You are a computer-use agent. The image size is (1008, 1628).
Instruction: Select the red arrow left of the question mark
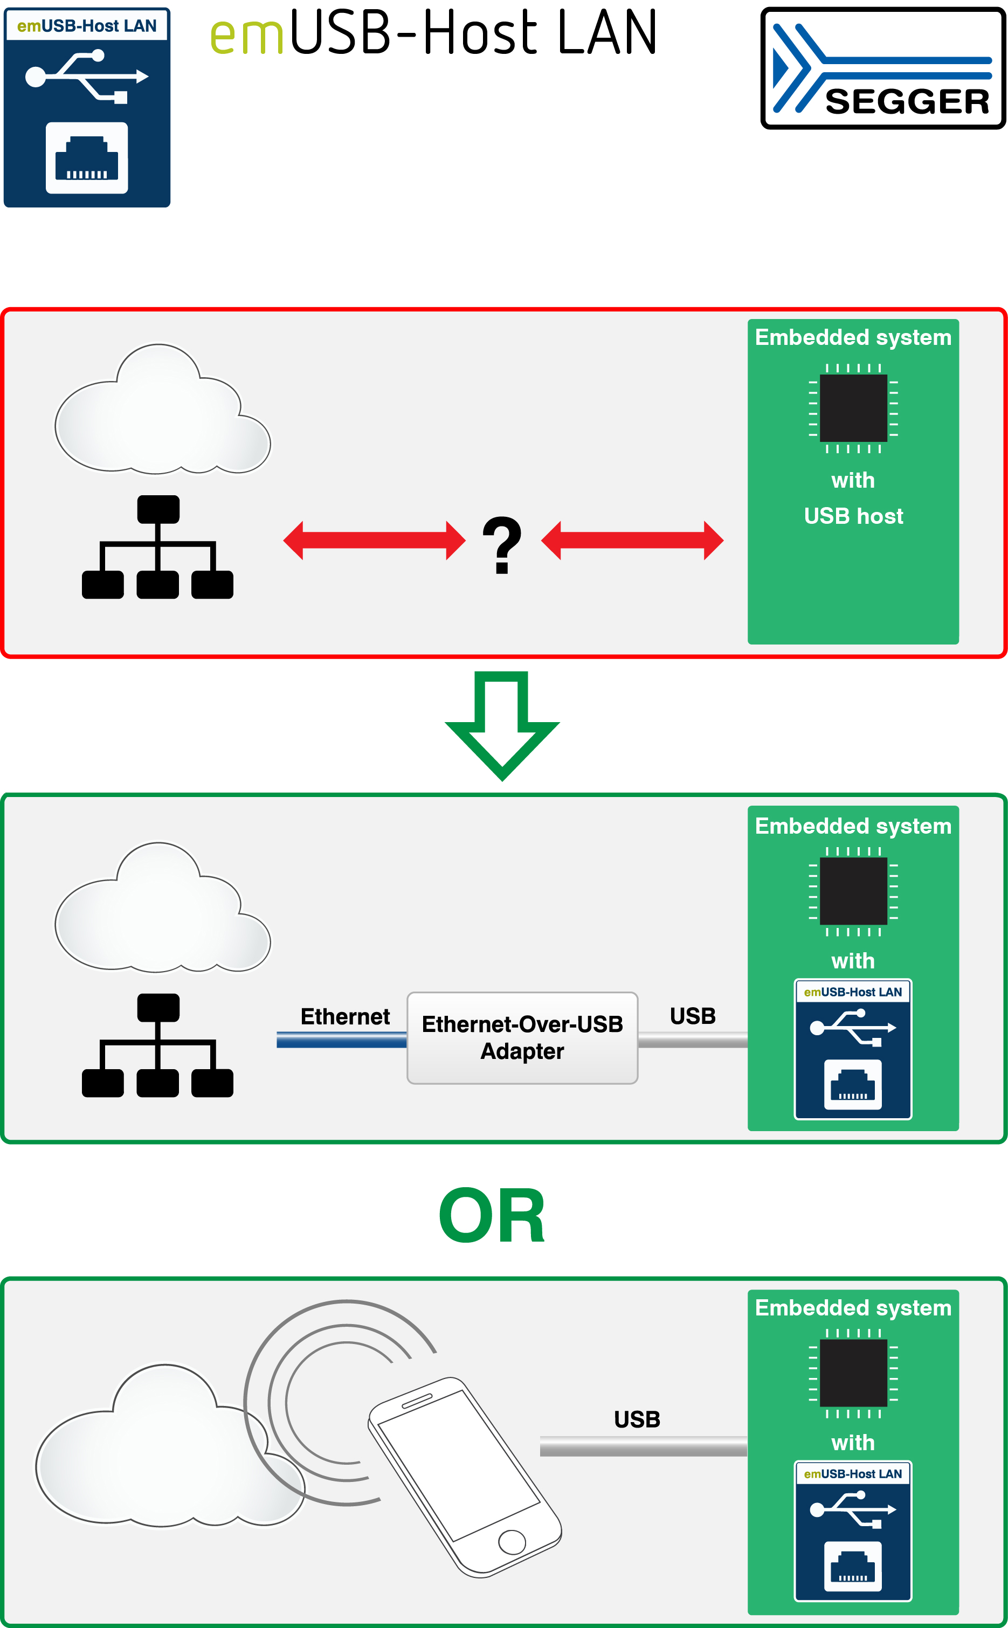coord(374,541)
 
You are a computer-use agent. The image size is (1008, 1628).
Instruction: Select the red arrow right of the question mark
coord(632,541)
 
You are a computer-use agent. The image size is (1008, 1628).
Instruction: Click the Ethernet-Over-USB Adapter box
coord(522,1037)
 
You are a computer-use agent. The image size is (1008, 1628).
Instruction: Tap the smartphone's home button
coord(512,1541)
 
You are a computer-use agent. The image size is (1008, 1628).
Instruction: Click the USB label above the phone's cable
coord(637,1419)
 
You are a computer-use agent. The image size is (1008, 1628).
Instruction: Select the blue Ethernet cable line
coord(341,1040)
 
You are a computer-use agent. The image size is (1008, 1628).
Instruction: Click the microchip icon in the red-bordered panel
coord(853,408)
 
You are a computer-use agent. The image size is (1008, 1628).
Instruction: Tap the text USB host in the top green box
coord(853,516)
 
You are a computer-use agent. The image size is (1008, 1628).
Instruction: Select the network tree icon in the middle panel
coord(157,1045)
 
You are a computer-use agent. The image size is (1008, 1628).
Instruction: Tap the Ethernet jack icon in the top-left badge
coord(87,158)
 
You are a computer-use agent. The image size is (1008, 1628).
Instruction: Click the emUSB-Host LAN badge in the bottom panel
coord(853,1530)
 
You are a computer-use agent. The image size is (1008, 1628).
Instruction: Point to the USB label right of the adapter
coord(693,1016)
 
